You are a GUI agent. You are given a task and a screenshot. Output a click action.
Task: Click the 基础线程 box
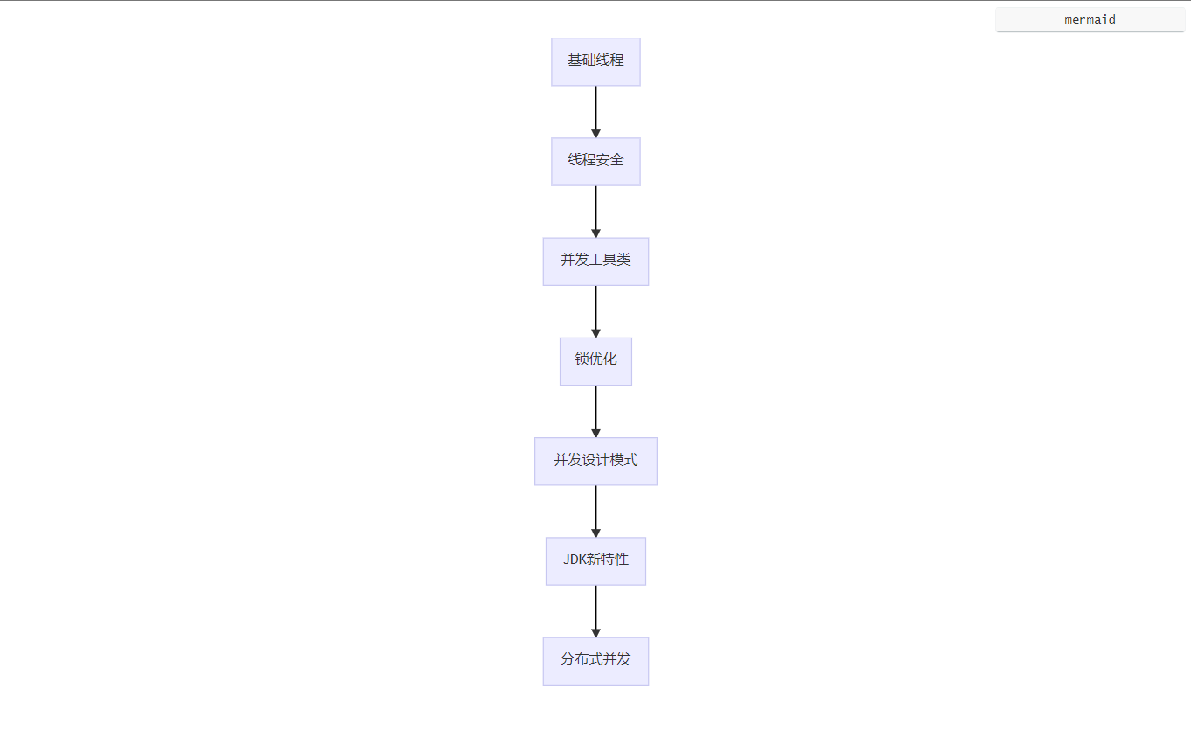[595, 62]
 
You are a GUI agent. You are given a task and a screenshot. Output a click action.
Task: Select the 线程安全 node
[595, 162]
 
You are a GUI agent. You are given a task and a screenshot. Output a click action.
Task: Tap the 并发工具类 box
[595, 261]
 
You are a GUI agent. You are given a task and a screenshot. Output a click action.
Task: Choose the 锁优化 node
[595, 361]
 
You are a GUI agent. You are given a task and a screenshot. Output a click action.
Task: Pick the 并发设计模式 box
[595, 462]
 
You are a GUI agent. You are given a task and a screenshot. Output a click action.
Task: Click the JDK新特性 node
[595, 561]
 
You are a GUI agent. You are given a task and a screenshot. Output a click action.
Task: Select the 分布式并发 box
[595, 661]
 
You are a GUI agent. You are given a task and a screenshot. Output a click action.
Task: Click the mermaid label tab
[1090, 19]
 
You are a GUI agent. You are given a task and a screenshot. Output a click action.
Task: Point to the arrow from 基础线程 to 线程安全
[595, 112]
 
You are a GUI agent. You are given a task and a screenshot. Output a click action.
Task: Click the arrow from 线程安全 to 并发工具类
[595, 212]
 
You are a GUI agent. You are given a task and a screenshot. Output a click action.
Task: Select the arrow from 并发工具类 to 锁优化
[595, 311]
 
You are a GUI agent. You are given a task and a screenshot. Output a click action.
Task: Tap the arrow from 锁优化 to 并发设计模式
[595, 412]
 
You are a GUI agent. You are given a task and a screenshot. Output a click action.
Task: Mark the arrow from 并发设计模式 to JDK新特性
[595, 512]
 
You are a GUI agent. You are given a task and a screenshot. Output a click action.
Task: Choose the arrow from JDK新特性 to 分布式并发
[595, 611]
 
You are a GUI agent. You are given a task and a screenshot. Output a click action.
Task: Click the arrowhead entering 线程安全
[595, 133]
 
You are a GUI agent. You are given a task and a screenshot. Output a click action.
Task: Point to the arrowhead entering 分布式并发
[595, 633]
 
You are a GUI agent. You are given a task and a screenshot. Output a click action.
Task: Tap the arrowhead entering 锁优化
[595, 333]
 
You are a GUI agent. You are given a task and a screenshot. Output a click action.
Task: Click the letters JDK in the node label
[575, 560]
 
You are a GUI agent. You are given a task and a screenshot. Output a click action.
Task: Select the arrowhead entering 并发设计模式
[595, 433]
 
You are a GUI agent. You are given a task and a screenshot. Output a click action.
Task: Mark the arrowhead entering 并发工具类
[595, 233]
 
